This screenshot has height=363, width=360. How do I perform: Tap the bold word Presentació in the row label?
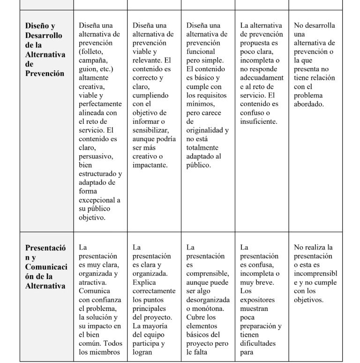tap(45, 248)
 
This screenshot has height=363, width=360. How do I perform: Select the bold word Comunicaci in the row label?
tap(46, 266)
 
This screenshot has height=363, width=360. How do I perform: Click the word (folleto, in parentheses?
tap(91, 52)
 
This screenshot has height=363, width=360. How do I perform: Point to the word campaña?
tap(93, 60)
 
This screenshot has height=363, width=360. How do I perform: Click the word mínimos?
tap(200, 104)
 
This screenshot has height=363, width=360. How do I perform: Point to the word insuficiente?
tap(258, 121)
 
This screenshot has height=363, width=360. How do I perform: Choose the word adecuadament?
tap(262, 78)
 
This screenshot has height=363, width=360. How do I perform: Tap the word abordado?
tap(308, 104)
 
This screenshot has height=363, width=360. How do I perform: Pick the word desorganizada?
tap(208, 300)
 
